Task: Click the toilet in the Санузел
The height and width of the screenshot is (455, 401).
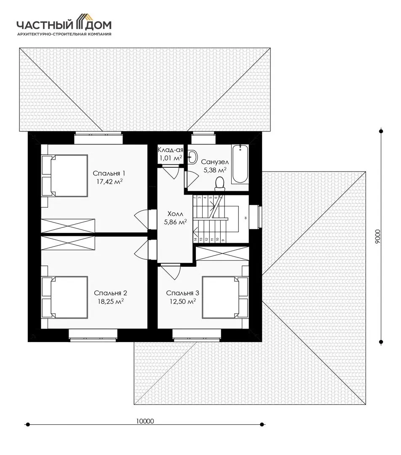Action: [x=219, y=184]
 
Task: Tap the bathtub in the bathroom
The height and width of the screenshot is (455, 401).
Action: [x=240, y=164]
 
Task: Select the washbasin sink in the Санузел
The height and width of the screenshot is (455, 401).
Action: [x=192, y=157]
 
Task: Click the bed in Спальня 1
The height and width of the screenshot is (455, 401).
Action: [x=65, y=176]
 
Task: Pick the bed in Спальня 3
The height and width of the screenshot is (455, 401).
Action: [x=225, y=297]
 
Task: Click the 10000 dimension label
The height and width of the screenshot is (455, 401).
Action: [x=145, y=421]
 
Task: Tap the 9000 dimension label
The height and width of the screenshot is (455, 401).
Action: [x=377, y=236]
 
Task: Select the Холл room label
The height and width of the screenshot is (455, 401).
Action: [x=175, y=214]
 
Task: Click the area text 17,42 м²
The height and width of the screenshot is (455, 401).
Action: [x=110, y=182]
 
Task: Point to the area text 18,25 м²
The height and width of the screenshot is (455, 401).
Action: [x=110, y=302]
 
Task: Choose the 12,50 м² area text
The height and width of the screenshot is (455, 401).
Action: [x=182, y=302]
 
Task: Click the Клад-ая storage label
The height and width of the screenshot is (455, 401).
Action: [x=171, y=150]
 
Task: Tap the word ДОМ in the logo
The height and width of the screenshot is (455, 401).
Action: [x=99, y=26]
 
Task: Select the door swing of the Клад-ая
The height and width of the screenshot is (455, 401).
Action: [x=171, y=172]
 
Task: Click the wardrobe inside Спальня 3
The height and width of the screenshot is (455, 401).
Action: [x=222, y=253]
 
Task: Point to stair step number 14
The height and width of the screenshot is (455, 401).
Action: [x=195, y=240]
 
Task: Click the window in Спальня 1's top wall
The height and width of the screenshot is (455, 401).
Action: [x=98, y=138]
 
